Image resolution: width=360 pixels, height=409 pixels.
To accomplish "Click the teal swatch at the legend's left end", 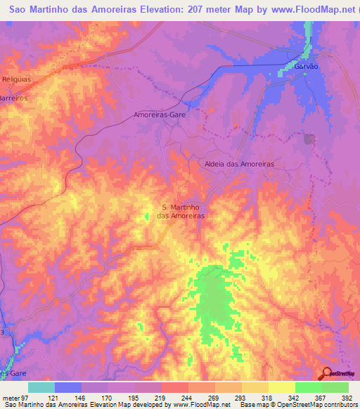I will click(x=41, y=387).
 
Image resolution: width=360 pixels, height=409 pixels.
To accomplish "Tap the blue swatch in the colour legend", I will click(x=68, y=387).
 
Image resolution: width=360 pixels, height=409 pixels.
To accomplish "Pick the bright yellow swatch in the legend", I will click(x=282, y=387).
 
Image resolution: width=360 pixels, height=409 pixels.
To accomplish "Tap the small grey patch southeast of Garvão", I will click(x=309, y=138).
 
